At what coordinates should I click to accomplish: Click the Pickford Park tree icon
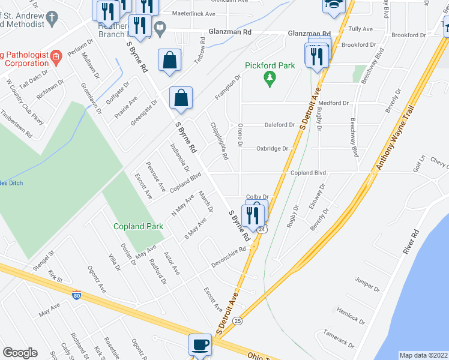coord(271,79)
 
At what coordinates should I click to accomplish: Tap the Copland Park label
coord(139,226)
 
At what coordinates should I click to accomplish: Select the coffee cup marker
coord(200,345)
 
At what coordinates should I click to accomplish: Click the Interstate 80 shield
coord(76,295)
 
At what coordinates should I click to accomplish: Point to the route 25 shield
coord(238,321)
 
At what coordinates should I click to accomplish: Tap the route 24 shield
coord(262,229)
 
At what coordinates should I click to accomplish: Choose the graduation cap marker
coord(333,5)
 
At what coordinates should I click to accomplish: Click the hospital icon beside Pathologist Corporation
coord(56,58)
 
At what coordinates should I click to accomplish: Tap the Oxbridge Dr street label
coord(273,148)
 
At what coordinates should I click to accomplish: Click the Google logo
coord(20,353)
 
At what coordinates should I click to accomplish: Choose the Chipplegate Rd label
coord(219,142)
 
